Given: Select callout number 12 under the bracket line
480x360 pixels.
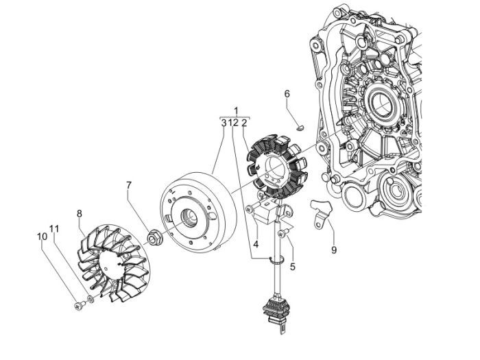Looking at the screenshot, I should (234, 123).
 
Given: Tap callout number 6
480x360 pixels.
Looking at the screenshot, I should (287, 93).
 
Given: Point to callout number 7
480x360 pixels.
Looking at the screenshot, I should (129, 185).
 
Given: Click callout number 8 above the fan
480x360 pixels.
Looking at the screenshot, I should (80, 213).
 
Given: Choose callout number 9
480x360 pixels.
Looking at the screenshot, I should (334, 250).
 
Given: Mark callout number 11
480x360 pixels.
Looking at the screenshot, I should (55, 228).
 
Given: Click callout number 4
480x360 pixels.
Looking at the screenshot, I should (254, 243).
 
